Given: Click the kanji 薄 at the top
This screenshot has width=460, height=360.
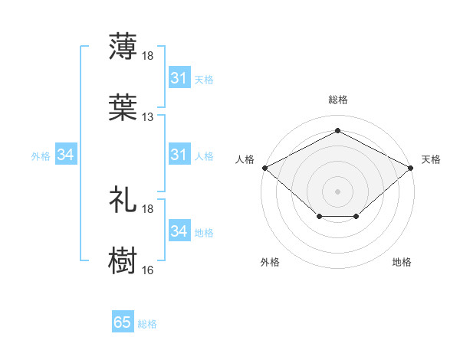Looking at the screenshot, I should pyautogui.click(x=123, y=46).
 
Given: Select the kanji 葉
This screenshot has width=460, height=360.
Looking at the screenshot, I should pyautogui.click(x=123, y=107).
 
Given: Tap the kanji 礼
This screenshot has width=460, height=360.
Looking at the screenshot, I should pyautogui.click(x=123, y=198).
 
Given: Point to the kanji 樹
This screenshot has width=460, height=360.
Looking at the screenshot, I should pyautogui.click(x=123, y=260).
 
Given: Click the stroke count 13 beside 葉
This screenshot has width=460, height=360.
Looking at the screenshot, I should pyautogui.click(x=148, y=117).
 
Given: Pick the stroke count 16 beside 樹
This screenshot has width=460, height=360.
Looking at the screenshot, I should pyautogui.click(x=148, y=270).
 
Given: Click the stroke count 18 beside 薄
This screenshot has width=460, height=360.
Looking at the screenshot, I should pyautogui.click(x=148, y=56).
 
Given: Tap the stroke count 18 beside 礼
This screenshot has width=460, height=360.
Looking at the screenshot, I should pyautogui.click(x=148, y=208).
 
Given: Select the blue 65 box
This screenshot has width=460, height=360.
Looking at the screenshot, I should pyautogui.click(x=123, y=322).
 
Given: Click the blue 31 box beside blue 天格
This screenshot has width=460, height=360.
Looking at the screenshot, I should pyautogui.click(x=179, y=78).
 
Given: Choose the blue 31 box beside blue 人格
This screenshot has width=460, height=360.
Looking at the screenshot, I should pyautogui.click(x=179, y=155).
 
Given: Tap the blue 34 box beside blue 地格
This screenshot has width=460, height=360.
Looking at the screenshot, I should pyautogui.click(x=179, y=231).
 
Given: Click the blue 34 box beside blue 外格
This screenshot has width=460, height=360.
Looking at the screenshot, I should pyautogui.click(x=66, y=155).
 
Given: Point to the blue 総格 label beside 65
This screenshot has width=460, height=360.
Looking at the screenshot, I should pyautogui.click(x=147, y=323).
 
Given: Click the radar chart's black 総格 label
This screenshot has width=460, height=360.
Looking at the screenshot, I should pyautogui.click(x=338, y=100).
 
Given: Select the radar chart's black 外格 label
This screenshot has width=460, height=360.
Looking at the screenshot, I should pyautogui.click(x=270, y=262).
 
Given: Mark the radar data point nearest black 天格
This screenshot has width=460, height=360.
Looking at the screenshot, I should pyautogui.click(x=412, y=167).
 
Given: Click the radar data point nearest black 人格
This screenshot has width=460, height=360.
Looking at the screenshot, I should pyautogui.click(x=264, y=167).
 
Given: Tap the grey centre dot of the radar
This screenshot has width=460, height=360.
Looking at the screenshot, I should pyautogui.click(x=338, y=191).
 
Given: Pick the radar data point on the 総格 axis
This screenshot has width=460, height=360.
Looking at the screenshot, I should pyautogui.click(x=338, y=131).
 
